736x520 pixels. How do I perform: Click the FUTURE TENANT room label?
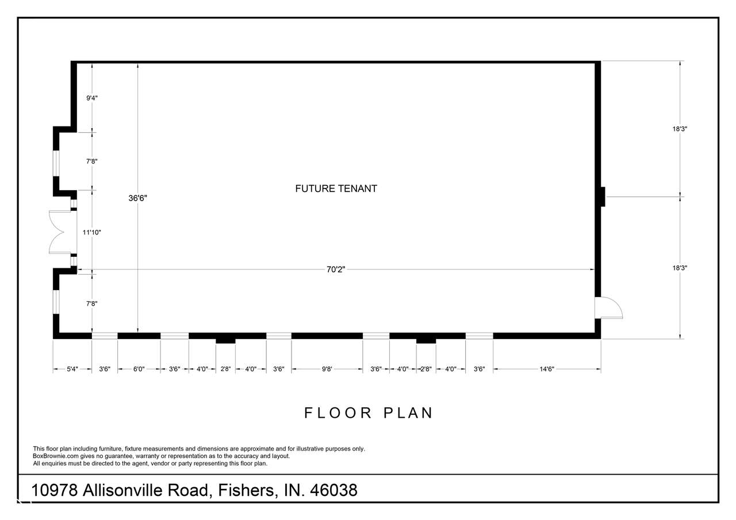click(336, 188)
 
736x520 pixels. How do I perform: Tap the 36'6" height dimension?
click(137, 198)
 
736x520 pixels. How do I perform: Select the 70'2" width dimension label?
click(336, 269)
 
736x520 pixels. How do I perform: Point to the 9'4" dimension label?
click(92, 98)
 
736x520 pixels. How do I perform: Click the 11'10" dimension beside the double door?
click(91, 233)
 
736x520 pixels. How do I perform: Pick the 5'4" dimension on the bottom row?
click(72, 369)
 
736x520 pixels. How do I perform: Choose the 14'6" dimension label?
click(547, 369)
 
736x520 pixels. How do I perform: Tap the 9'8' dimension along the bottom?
click(327, 369)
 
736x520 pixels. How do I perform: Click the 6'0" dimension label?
click(139, 369)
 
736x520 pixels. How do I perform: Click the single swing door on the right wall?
click(608, 308)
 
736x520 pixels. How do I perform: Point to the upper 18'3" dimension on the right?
click(680, 129)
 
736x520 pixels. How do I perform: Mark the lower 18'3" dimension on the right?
click(680, 268)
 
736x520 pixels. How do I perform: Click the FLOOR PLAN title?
click(369, 413)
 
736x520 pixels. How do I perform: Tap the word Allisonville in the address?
click(145, 491)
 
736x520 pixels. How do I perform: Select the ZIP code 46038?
click(333, 491)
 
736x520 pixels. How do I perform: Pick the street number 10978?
click(55, 491)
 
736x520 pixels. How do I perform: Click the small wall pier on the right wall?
click(603, 197)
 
